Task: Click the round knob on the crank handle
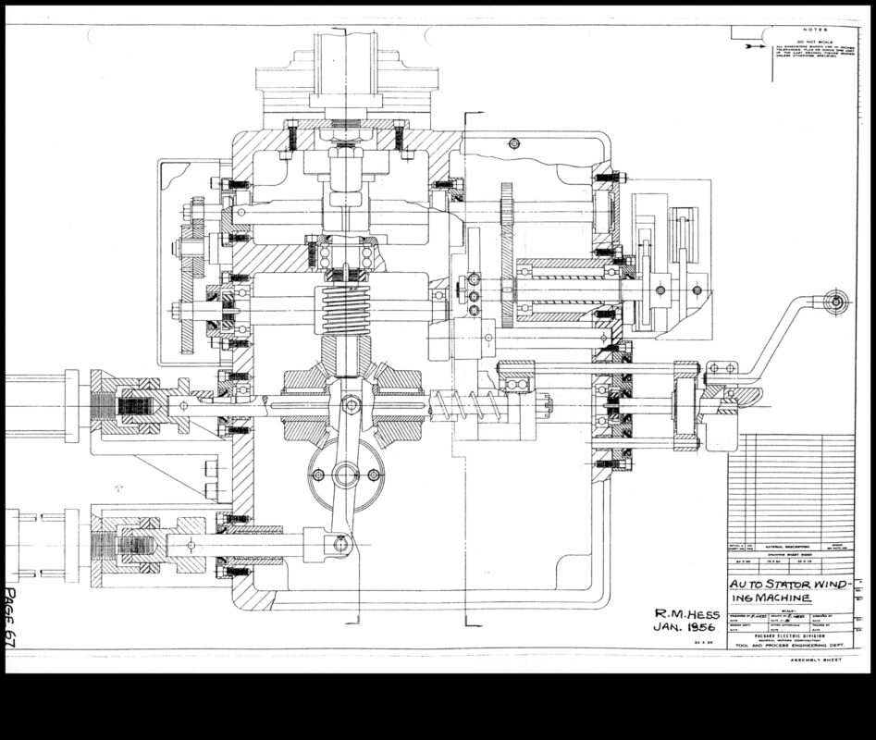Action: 835,301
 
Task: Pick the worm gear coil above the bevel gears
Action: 344,312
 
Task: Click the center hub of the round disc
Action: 345,475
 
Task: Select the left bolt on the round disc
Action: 317,475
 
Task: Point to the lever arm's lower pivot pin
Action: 339,544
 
